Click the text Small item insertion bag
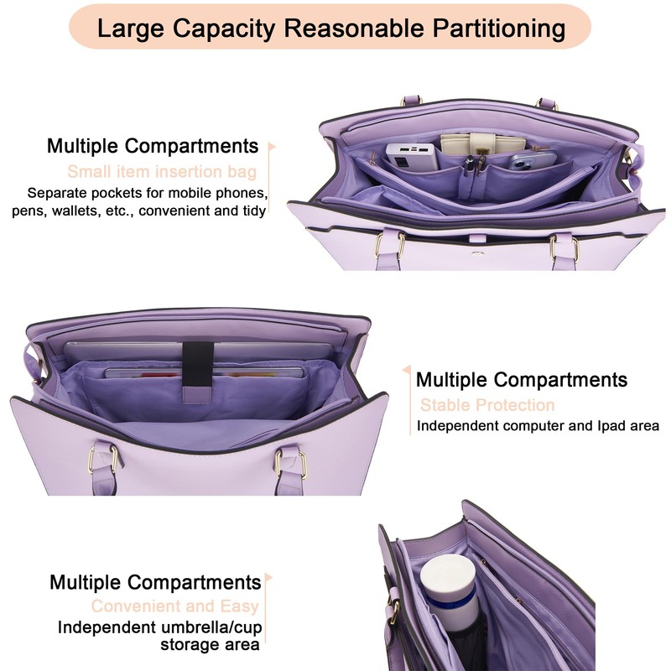tap(162, 173)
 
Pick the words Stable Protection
tap(487, 405)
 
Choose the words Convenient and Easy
tap(175, 606)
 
